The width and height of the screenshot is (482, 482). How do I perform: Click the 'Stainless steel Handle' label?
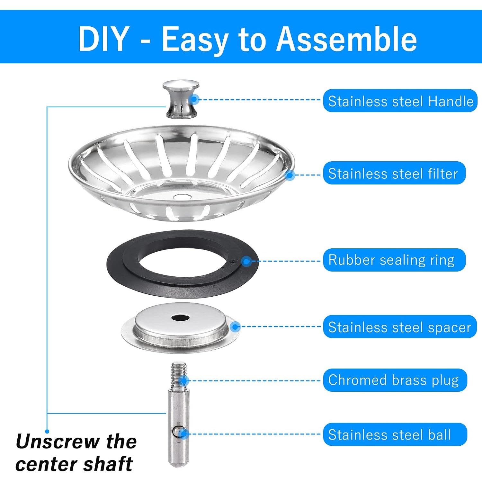pyautogui.click(x=400, y=101)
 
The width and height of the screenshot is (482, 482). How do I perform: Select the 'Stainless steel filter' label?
pyautogui.click(x=394, y=173)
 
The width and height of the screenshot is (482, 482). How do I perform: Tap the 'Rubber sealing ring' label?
pyautogui.click(x=394, y=260)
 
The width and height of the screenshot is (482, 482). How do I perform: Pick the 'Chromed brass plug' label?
pyautogui.click(x=395, y=380)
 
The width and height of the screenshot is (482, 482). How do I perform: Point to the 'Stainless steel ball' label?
pyautogui.click(x=395, y=434)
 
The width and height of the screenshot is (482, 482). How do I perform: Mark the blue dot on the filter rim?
pyautogui.click(x=290, y=175)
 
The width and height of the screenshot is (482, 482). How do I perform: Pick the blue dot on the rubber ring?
pyautogui.click(x=246, y=261)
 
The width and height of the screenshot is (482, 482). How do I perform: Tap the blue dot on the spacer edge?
pyautogui.click(x=236, y=327)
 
